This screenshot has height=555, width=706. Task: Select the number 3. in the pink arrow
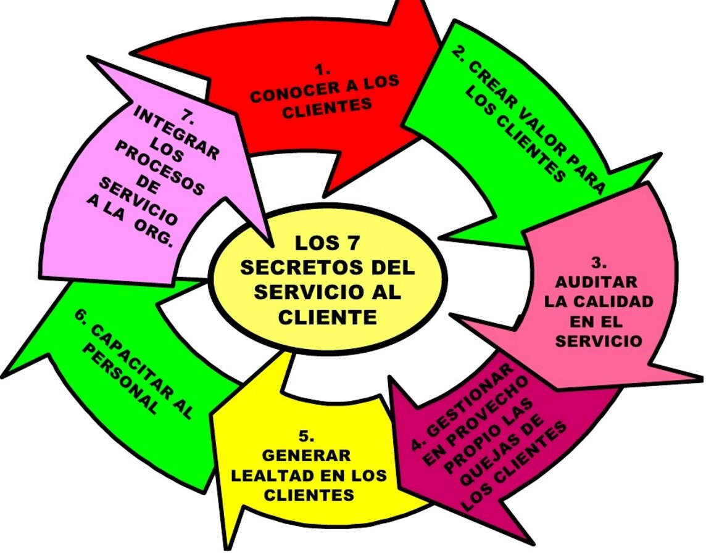(597, 263)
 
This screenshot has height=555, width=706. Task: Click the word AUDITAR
(596, 282)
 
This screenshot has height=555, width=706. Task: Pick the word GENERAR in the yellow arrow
(307, 456)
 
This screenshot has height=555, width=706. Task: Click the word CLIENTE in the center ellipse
(327, 317)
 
